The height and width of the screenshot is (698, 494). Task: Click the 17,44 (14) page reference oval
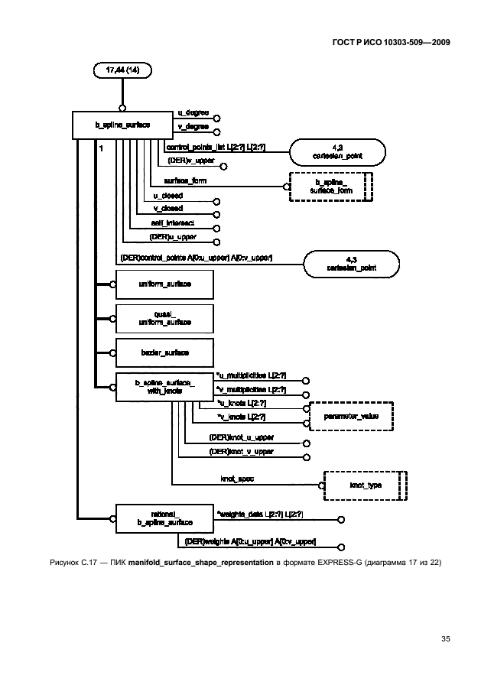coord(122,70)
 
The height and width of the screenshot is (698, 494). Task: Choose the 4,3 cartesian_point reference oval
coord(351,265)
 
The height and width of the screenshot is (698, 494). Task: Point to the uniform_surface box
coord(164,284)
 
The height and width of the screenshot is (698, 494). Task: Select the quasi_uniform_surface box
coord(164,318)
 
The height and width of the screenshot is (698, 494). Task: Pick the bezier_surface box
coord(164,352)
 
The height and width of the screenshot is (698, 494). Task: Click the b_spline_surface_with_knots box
coord(164,387)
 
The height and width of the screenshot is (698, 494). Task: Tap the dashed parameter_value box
coord(351,416)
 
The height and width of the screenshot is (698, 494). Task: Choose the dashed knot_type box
coord(365,485)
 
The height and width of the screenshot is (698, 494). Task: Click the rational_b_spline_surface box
coord(164,518)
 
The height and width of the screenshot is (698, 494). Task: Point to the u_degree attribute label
coord(193,113)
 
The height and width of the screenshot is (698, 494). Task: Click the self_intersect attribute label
coord(172,222)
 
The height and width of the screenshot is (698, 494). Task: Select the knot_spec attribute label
coord(237,479)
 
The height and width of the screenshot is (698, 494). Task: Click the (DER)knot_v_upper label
coord(241,452)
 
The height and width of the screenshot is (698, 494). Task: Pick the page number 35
coord(445,638)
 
